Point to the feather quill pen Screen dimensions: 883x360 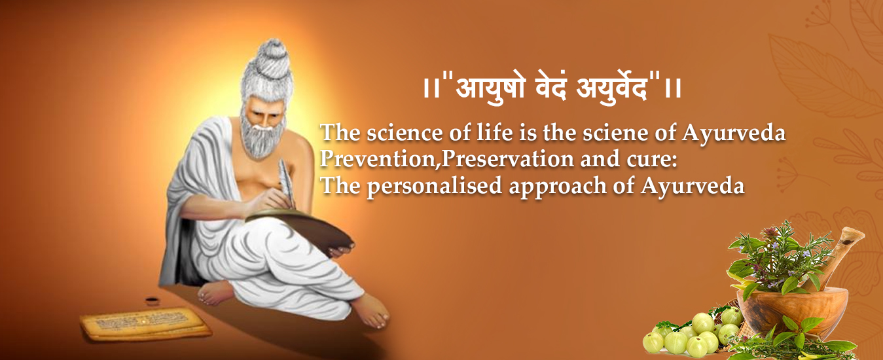point(287,182)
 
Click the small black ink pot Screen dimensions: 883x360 point(152,301)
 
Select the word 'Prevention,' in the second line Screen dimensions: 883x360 point(378,158)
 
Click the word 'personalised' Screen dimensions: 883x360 point(435,186)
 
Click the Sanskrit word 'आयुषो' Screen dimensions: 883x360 point(490,88)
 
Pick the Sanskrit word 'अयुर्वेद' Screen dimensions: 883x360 point(612,88)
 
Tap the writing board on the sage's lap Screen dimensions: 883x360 point(300,228)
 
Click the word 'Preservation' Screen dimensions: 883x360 point(507,158)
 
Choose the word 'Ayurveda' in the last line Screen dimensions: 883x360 point(693,186)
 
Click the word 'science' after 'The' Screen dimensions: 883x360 point(405,132)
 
